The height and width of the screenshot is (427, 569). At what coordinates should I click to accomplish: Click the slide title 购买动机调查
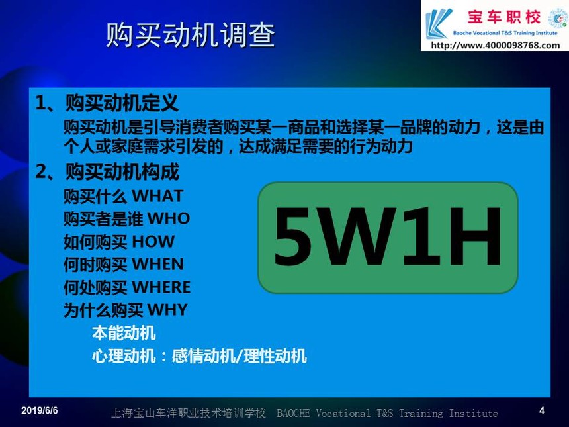(191, 35)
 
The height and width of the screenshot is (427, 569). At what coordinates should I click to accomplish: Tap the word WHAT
(157, 196)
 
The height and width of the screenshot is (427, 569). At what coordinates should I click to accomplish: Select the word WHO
(168, 218)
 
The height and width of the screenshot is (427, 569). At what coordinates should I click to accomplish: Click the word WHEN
(157, 264)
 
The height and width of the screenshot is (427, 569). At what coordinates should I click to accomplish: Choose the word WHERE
(161, 287)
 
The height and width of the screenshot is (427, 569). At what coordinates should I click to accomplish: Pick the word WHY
(167, 310)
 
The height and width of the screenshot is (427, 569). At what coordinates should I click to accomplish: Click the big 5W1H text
(388, 236)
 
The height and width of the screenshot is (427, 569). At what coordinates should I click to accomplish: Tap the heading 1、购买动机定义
(107, 103)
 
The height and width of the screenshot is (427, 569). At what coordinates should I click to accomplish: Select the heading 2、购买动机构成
(107, 171)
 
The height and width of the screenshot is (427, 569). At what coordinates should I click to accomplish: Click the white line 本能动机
(124, 333)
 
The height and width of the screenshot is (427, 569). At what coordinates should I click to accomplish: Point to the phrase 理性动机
(275, 356)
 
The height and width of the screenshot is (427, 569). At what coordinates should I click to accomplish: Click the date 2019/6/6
(40, 410)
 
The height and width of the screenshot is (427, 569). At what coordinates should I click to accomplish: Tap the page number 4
(542, 410)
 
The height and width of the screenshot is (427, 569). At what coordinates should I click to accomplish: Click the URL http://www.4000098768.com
(496, 46)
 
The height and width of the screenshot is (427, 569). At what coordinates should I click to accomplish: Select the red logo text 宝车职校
(503, 17)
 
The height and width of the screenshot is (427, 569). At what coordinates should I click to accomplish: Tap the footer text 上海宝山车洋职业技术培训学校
(189, 413)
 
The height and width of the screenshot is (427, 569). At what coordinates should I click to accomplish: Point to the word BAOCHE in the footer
(293, 413)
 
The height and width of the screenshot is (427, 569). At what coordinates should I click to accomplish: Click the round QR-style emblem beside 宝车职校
(558, 18)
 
